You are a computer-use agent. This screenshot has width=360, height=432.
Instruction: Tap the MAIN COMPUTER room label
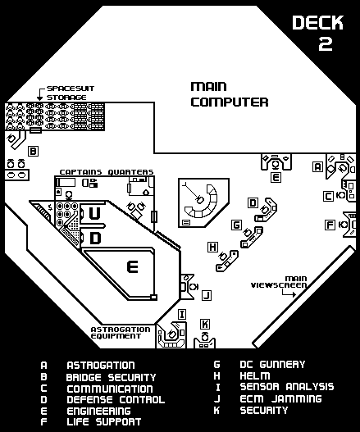click(x=229, y=94)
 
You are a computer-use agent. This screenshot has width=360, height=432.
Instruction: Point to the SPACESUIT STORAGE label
click(x=66, y=92)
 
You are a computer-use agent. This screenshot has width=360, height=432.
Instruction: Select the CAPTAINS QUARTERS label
click(x=106, y=172)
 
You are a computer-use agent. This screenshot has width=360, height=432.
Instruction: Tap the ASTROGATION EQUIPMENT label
click(x=121, y=332)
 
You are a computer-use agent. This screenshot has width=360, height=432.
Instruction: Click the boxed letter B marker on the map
click(x=33, y=151)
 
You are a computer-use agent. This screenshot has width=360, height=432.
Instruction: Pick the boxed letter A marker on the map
click(x=317, y=166)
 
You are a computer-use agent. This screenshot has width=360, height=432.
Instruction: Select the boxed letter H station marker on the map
click(x=212, y=247)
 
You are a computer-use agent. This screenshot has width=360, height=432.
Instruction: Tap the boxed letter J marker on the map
click(x=206, y=294)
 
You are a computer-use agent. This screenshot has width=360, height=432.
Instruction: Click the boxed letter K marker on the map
click(x=205, y=324)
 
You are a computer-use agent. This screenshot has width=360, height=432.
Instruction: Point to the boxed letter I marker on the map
click(x=182, y=314)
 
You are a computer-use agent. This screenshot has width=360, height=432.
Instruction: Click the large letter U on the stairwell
click(x=96, y=213)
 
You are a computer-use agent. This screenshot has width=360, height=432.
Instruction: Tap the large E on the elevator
click(x=130, y=266)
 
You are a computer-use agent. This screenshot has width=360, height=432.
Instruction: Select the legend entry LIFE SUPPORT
click(x=104, y=421)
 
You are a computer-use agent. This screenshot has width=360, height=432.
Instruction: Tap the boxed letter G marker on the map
click(x=236, y=225)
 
